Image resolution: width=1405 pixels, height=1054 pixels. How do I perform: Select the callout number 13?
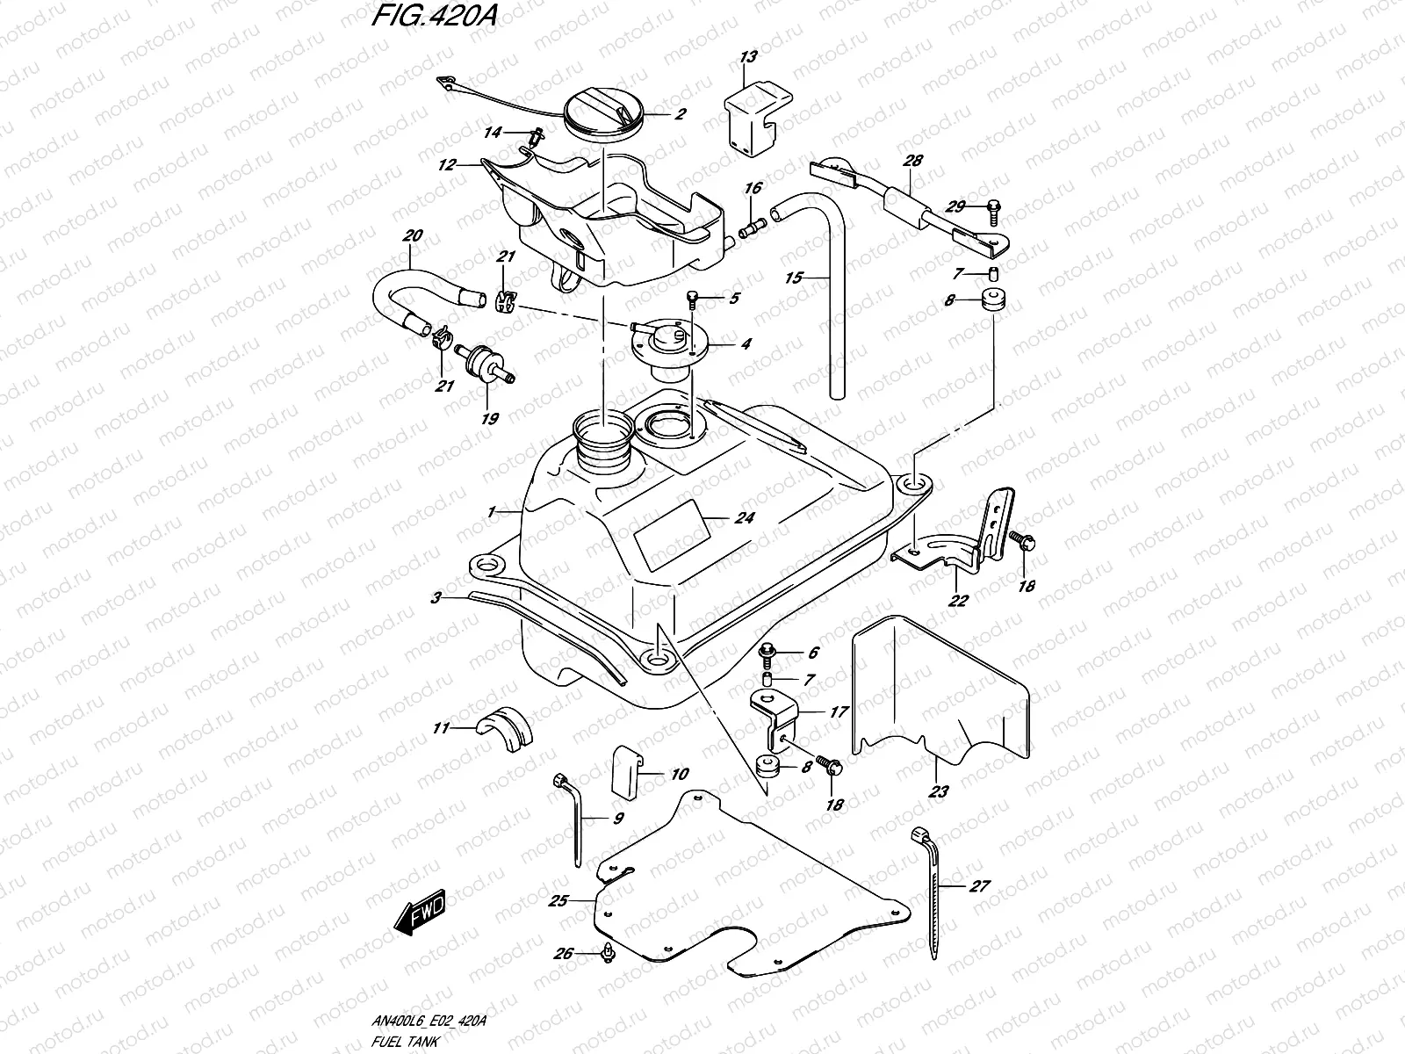747,59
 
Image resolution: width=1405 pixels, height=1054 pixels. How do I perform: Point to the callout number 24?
745,518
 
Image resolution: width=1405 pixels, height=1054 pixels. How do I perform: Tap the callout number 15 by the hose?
794,278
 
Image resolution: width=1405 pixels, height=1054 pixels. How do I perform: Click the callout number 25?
558,900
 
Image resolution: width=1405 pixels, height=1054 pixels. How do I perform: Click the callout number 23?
938,792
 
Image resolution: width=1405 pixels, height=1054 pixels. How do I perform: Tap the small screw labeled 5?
692,300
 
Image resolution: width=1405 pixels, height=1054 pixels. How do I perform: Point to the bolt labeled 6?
770,652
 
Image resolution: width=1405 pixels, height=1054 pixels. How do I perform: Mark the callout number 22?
958,601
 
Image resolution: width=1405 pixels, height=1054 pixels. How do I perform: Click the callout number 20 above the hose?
411,235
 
